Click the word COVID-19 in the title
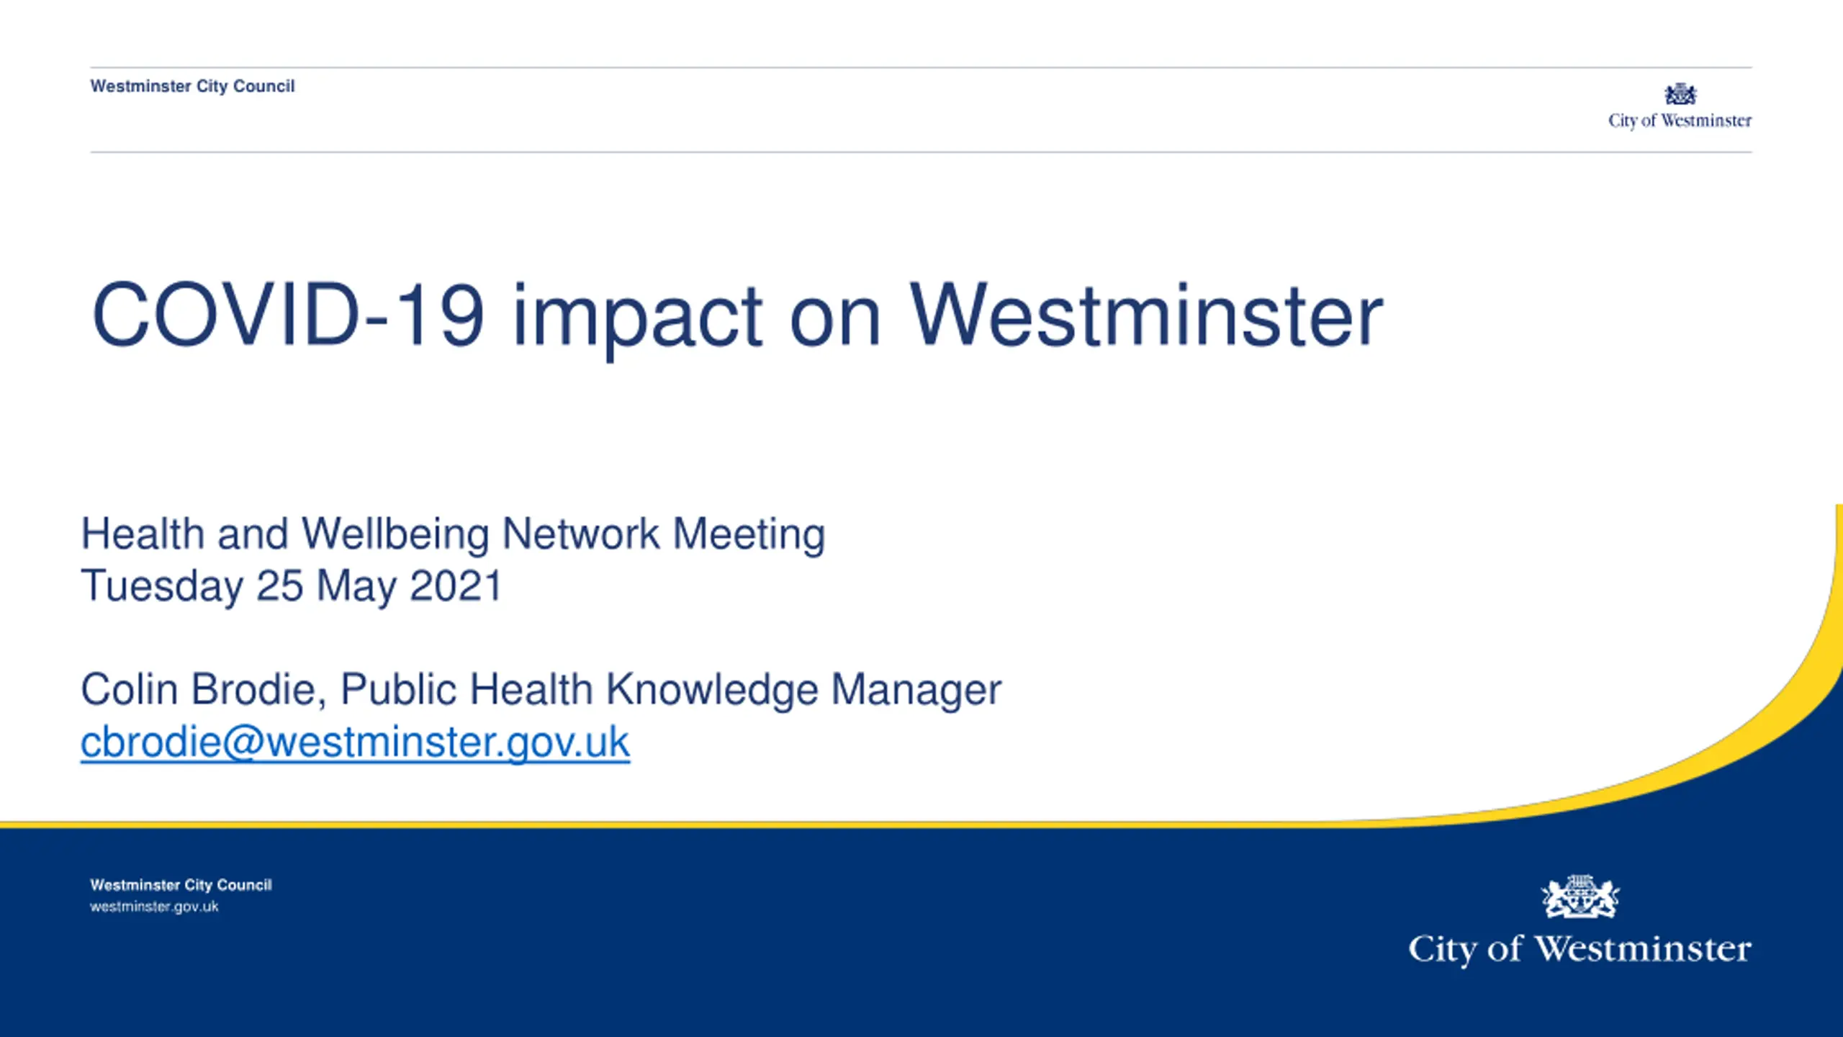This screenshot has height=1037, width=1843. (x=288, y=315)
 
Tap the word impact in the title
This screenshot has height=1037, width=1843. (x=637, y=320)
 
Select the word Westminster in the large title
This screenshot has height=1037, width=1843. (x=1146, y=315)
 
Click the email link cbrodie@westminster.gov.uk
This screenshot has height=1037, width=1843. (x=355, y=742)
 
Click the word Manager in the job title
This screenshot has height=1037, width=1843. (x=916, y=691)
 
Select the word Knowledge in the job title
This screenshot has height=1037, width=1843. (x=712, y=691)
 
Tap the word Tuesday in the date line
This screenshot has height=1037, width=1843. (x=162, y=586)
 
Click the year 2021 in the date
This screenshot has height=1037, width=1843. (x=455, y=585)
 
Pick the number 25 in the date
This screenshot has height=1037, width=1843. (x=279, y=585)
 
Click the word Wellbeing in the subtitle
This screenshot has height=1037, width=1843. (x=395, y=535)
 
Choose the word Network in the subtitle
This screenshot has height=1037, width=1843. (x=580, y=534)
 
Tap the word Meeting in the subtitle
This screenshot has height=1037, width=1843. (x=749, y=535)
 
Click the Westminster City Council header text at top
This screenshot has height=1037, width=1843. (x=192, y=86)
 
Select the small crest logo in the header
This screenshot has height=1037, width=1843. (x=1680, y=94)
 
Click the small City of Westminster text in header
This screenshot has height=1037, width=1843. (x=1680, y=121)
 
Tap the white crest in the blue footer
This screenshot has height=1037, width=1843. (x=1580, y=897)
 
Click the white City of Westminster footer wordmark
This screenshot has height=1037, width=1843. (x=1580, y=949)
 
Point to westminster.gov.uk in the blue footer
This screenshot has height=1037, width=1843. (x=154, y=907)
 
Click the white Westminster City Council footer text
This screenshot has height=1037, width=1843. (x=181, y=885)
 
